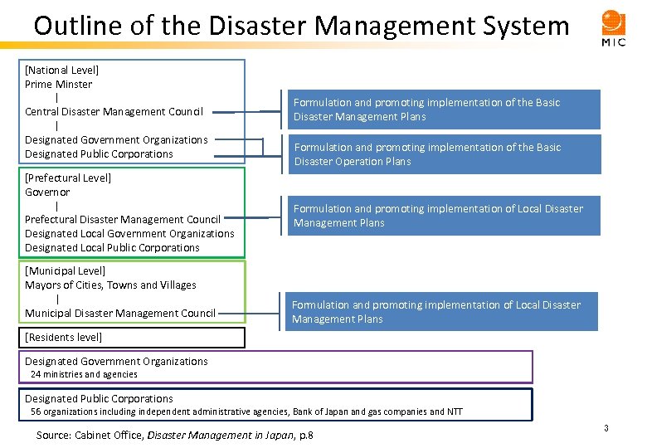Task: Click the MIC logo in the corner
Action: (x=614, y=27)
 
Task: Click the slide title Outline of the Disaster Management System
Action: (x=301, y=26)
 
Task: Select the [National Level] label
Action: (x=61, y=71)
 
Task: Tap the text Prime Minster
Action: (x=58, y=84)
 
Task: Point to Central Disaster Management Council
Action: (x=114, y=112)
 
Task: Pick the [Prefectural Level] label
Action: (x=67, y=178)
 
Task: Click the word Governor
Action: (x=47, y=192)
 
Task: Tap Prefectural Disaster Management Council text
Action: (x=123, y=220)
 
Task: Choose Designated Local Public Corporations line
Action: (x=112, y=248)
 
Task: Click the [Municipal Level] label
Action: (x=66, y=270)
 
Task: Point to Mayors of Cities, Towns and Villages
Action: (x=110, y=285)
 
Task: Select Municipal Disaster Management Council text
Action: (x=119, y=313)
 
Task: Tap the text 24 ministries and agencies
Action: (x=84, y=374)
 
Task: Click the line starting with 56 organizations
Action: (x=246, y=411)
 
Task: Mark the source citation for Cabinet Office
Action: (x=175, y=435)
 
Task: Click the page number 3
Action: (x=606, y=428)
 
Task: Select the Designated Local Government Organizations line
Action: (x=129, y=234)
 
